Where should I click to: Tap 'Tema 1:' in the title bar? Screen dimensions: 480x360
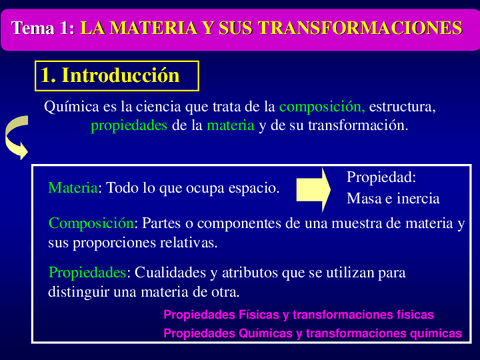[43, 28]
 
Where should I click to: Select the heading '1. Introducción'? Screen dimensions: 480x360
[110, 75]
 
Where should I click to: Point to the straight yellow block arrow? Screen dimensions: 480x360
[313, 190]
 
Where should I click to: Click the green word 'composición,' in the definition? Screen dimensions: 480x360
[322, 107]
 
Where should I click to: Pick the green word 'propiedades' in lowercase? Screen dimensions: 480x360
[129, 126]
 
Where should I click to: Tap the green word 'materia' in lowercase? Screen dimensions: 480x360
[231, 126]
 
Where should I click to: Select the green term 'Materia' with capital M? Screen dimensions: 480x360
[73, 188]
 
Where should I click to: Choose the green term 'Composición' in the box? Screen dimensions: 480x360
[91, 223]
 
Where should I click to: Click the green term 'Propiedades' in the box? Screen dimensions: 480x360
[87, 273]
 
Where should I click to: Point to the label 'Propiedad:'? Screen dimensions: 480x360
[381, 177]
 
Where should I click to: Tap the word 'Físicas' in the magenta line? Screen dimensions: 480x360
[259, 315]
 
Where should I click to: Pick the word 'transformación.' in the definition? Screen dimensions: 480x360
[358, 126]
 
